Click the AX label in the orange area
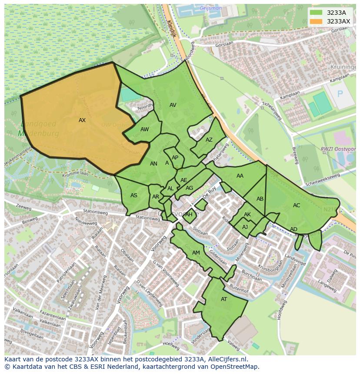coord(82,120)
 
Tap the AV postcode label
coord(173,105)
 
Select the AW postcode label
coord(145,129)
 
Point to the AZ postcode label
coord(209,140)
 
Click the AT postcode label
coord(224,299)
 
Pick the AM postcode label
coord(196,253)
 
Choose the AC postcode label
coord(297,205)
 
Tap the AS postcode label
coord(134,195)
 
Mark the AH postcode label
coord(189,215)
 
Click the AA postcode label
coord(240,176)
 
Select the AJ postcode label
coord(245,227)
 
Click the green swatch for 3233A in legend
coord(316,13)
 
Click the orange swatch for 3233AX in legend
coord(316,21)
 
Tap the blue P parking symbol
coord(340,94)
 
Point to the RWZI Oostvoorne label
coord(338,149)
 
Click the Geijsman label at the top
coord(211,8)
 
